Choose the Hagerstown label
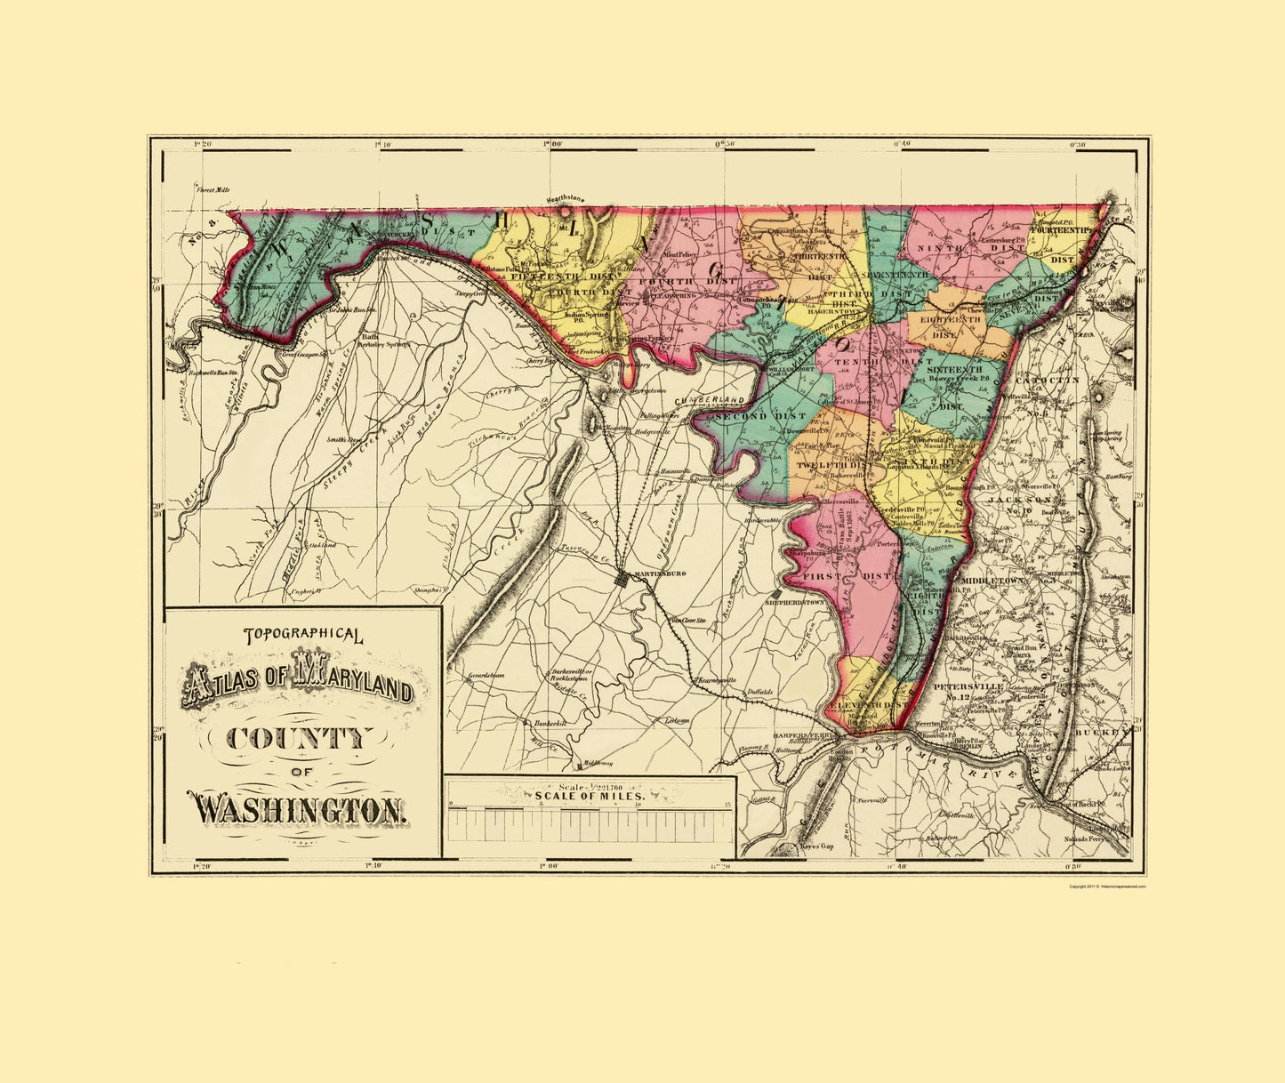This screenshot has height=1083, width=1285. (831, 312)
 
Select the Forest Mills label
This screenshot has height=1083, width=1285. (213, 189)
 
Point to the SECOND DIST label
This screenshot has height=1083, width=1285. (746, 416)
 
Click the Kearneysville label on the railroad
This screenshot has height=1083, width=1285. (716, 680)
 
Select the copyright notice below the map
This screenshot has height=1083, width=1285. (1107, 886)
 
